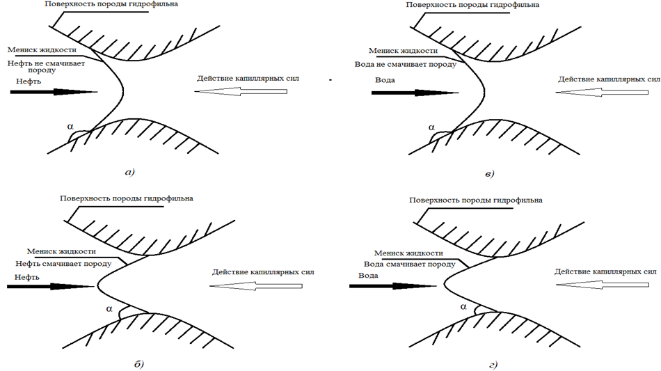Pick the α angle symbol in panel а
[x=70, y=126]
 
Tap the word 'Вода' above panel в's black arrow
[x=385, y=80]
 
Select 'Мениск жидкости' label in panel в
[x=404, y=51]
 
